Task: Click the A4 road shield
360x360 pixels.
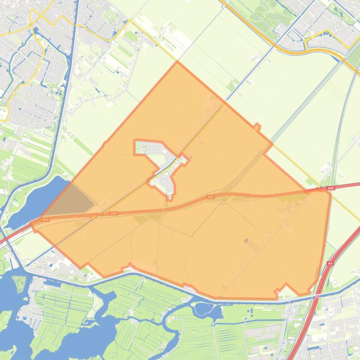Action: coord(330,263)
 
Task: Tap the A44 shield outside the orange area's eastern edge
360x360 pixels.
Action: coord(331,188)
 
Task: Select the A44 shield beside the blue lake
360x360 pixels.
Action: coord(45,219)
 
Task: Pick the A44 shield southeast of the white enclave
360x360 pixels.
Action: coord(210,197)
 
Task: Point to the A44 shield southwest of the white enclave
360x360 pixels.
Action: coord(113,213)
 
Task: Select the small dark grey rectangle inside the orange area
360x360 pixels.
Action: coord(246,241)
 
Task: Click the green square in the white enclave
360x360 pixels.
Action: coord(138,149)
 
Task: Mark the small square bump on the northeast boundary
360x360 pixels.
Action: coord(257,126)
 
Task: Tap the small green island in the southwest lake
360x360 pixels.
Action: coord(20,283)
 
